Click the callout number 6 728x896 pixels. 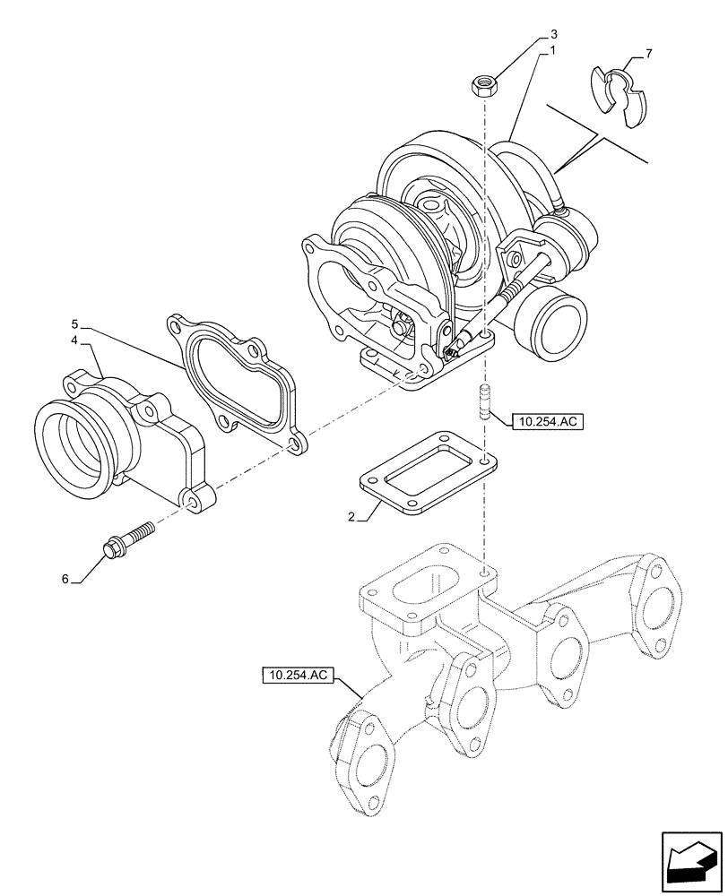coord(65,580)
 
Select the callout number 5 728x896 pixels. coord(76,323)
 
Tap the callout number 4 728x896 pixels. coord(76,341)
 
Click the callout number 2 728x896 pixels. coord(352,517)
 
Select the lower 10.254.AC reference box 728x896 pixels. coord(298,676)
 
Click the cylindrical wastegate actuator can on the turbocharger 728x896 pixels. coord(555,324)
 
